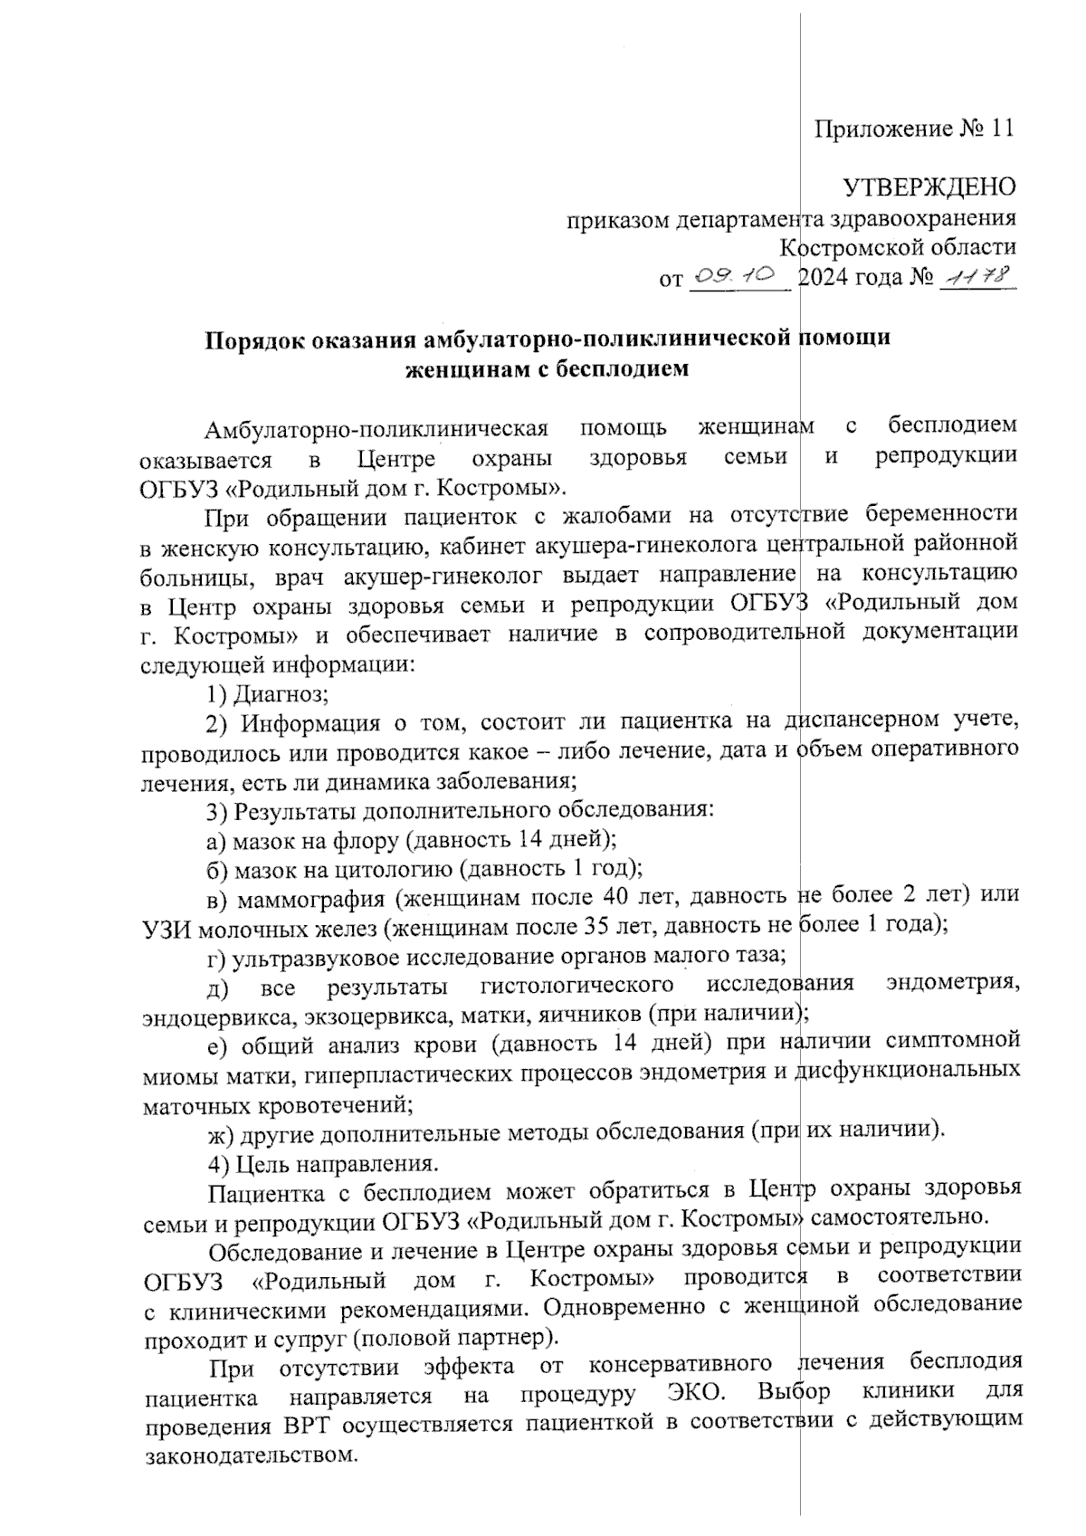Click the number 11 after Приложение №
[1003, 129]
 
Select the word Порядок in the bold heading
[252, 339]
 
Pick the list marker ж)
[220, 1131]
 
